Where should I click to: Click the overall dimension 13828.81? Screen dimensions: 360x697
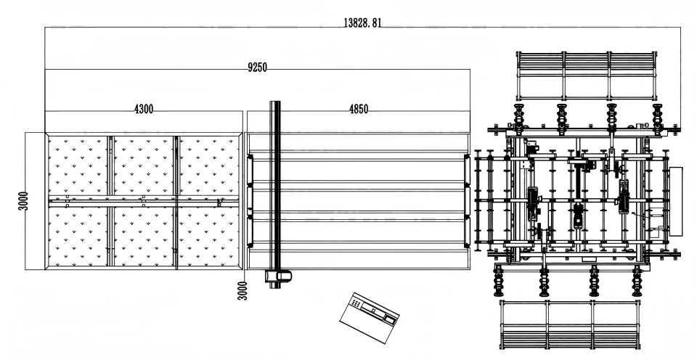[x=362, y=22]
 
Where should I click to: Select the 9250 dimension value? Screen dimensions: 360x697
[x=258, y=67]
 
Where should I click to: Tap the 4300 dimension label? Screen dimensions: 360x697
[x=144, y=109]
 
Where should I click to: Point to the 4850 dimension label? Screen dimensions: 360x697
[x=358, y=109]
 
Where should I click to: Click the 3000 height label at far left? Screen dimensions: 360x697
[x=23, y=201]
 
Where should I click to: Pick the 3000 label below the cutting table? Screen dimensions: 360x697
[x=243, y=290]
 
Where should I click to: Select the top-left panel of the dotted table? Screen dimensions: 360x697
[x=78, y=165]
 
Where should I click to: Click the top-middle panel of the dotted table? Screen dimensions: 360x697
[x=143, y=165]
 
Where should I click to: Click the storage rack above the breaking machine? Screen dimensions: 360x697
[x=586, y=75]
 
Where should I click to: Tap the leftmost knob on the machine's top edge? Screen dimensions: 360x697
[x=519, y=115]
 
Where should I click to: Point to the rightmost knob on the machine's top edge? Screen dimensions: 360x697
[x=657, y=115]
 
